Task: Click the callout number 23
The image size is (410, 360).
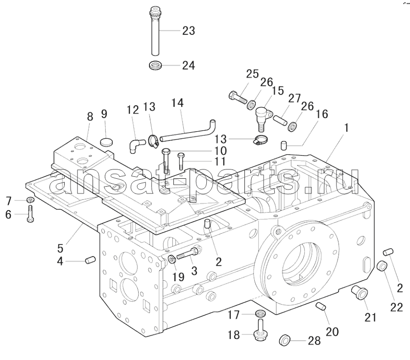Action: coord(189,31)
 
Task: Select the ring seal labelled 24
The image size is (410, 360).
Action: coord(155,65)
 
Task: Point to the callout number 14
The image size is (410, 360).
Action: coord(177,103)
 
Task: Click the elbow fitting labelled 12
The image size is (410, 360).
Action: coord(136,145)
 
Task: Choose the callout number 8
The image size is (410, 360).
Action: coord(90,117)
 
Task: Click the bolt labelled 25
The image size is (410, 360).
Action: coord(238,98)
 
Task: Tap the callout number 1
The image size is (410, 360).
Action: coord(346,128)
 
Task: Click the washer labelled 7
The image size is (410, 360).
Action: coord(30,200)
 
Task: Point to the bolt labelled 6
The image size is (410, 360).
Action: coord(30,214)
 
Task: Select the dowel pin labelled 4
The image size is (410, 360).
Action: coord(91,260)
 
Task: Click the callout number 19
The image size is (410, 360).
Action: coord(178,277)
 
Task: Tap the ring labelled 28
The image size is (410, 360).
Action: coord(285,340)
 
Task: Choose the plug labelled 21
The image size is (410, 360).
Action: coord(359,292)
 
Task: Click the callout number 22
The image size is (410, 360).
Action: coord(396,308)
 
